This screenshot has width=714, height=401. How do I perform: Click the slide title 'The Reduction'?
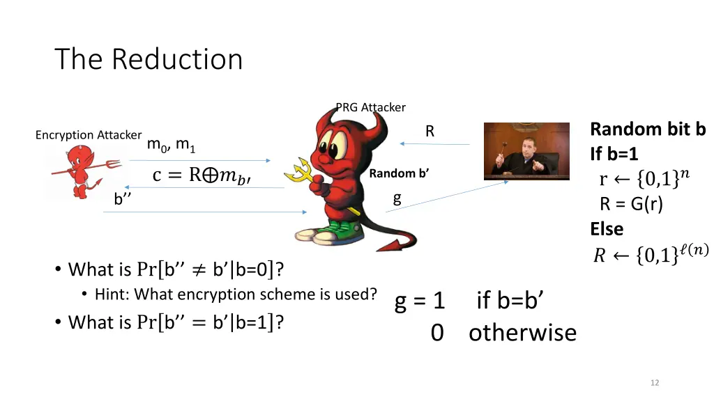(149, 59)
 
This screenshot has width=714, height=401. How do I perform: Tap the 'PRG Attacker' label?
(370, 107)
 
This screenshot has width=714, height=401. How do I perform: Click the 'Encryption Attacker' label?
(89, 135)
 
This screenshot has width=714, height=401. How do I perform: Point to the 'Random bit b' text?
(648, 129)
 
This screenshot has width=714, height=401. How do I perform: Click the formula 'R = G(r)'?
(632, 204)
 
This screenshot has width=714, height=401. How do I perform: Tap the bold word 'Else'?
(607, 228)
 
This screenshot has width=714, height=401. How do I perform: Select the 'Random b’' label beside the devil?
(399, 173)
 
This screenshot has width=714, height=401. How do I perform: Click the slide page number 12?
(654, 382)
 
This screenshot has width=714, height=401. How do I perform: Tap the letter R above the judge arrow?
(430, 131)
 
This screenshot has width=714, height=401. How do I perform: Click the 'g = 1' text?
(420, 301)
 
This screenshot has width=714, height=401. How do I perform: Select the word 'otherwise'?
(522, 333)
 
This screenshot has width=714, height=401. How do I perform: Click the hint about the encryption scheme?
(236, 294)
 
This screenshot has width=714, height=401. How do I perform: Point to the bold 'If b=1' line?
(614, 154)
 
